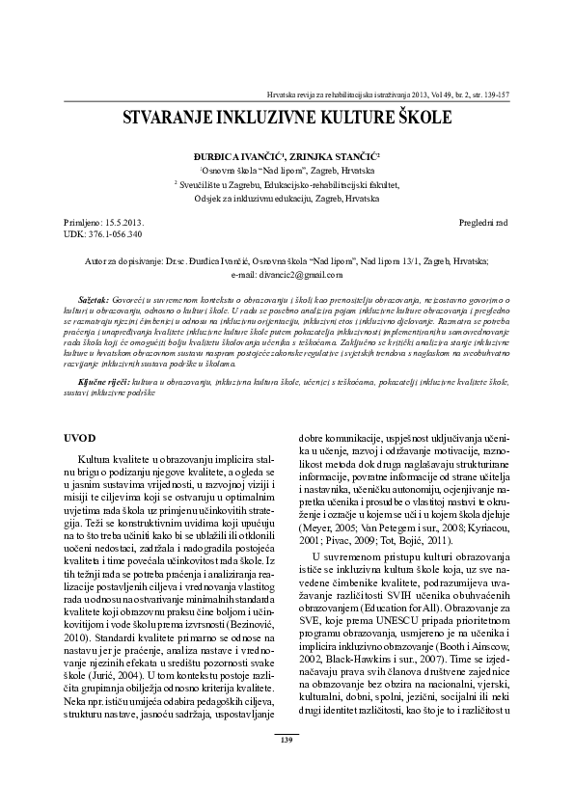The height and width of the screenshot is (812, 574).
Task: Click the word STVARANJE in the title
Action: click(x=164, y=119)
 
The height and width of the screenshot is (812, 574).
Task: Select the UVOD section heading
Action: click(x=78, y=437)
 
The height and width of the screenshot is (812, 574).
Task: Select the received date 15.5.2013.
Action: click(x=125, y=222)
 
